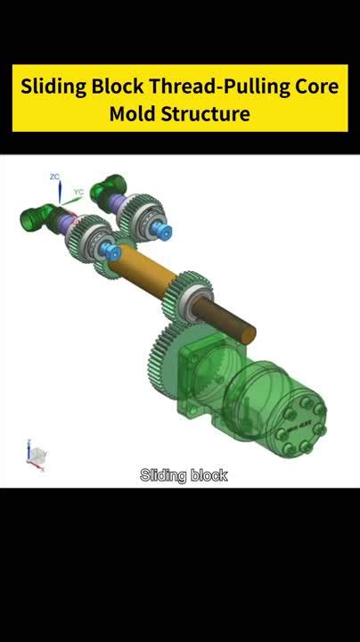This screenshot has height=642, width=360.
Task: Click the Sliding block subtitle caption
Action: (x=184, y=475)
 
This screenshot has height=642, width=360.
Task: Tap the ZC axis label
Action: (x=55, y=177)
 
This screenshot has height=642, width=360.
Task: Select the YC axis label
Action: (x=78, y=191)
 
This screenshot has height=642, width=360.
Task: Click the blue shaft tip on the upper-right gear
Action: (x=165, y=227)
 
